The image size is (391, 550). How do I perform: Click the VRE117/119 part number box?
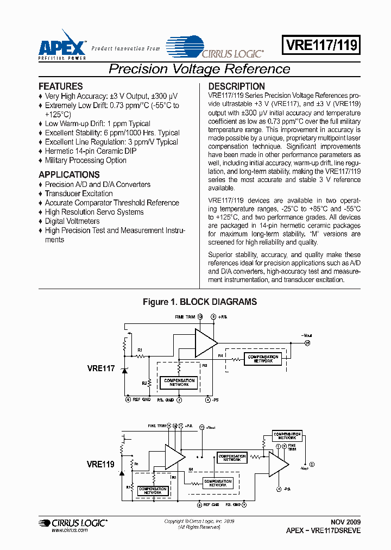point(320,45)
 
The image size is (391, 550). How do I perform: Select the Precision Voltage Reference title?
point(199,69)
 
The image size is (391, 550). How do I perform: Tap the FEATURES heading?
point(61,86)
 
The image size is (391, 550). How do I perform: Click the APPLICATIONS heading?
point(69,174)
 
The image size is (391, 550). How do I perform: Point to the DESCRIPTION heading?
point(236,86)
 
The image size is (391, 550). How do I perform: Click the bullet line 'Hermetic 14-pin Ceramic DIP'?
point(91,151)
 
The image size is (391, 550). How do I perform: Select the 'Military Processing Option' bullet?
point(86,160)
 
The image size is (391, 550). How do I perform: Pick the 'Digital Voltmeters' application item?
point(72,221)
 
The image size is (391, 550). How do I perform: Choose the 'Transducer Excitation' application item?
point(79,193)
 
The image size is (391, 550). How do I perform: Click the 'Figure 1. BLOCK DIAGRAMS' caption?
point(199,302)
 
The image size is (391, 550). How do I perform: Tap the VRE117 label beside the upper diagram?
point(100,368)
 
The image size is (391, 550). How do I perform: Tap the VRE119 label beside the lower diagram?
point(100,465)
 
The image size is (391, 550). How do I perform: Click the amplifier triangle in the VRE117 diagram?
point(205,342)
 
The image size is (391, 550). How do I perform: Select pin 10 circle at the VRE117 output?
point(307,343)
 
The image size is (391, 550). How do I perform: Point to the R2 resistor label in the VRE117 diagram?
point(145,383)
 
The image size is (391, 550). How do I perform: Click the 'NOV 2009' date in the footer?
point(345,522)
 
